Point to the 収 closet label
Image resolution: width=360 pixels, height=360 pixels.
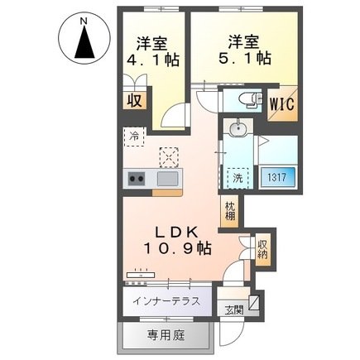click(133, 101)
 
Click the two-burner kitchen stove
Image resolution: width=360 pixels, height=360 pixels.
click(135, 178)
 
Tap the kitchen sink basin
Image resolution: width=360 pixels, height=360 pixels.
click(168, 178)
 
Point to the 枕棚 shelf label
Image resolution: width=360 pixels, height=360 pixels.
click(229, 210)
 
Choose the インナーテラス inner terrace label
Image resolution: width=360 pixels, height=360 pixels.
click(166, 300)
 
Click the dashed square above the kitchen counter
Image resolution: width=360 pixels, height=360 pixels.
click(169, 156)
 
